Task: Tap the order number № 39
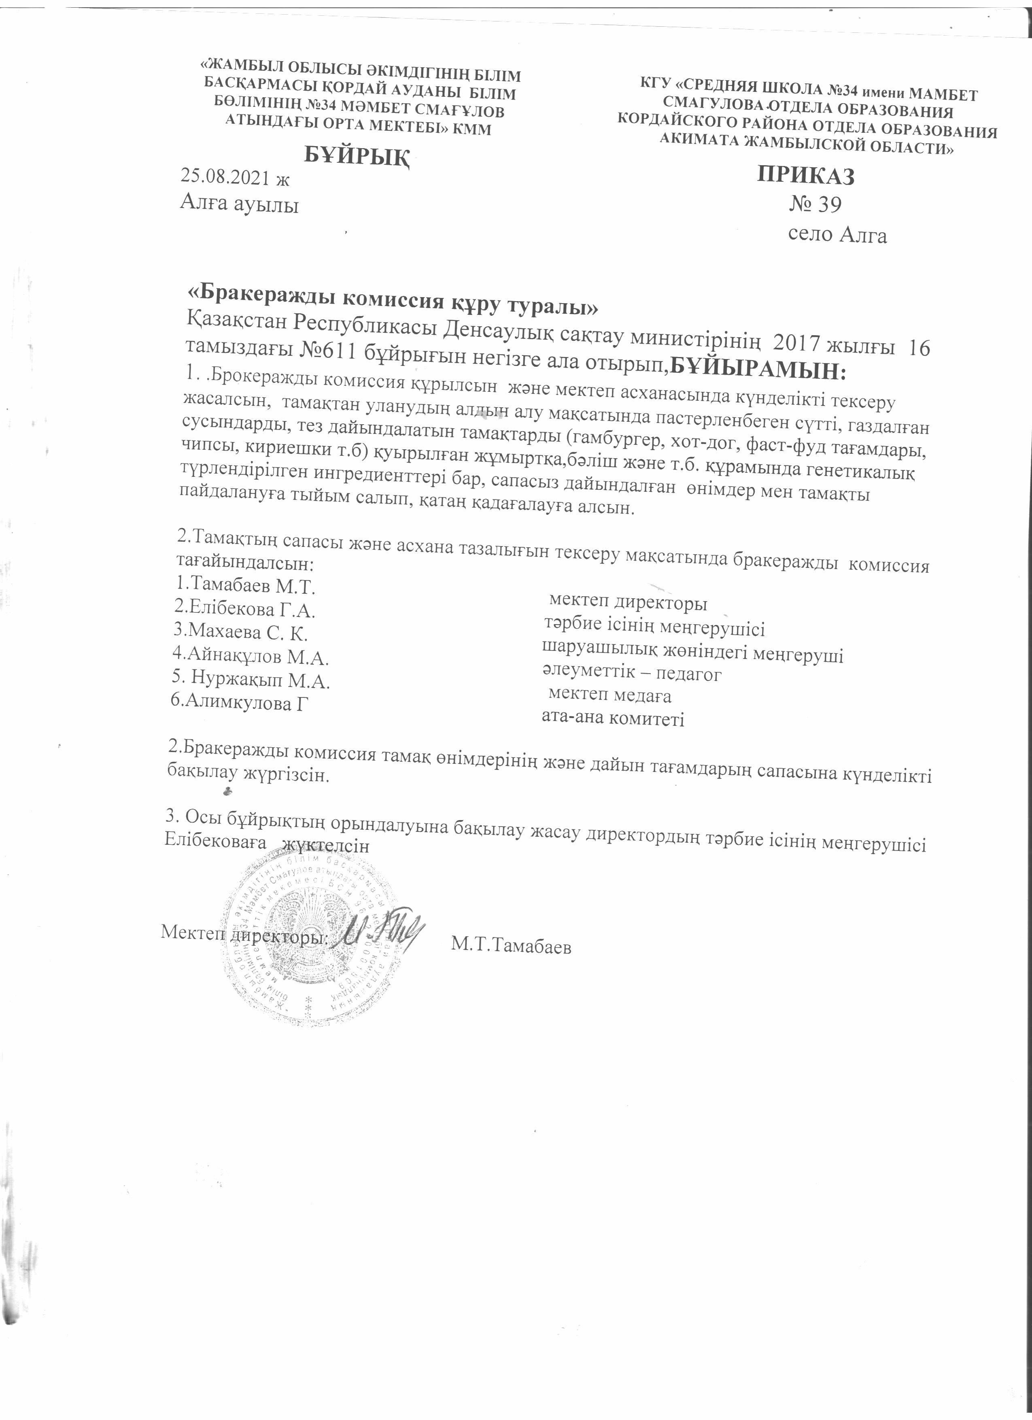point(815,205)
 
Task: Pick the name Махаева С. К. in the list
point(241,633)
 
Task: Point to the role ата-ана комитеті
point(612,719)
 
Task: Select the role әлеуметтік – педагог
point(631,674)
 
